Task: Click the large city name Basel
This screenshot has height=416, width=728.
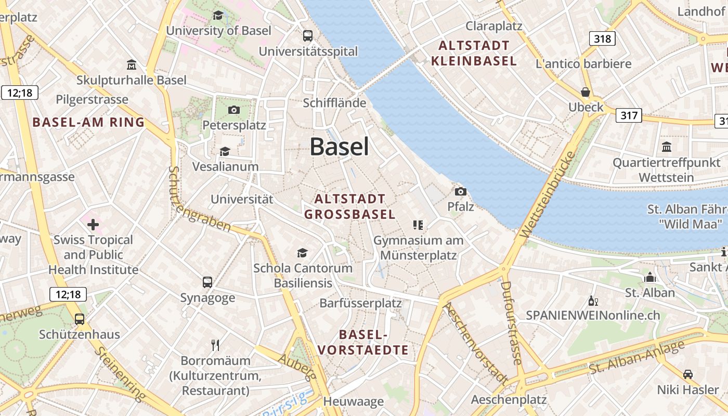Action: point(340,147)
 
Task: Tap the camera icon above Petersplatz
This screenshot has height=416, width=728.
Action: point(234,110)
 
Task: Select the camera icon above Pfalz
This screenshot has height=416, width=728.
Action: point(460,191)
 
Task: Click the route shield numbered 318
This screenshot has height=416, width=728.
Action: point(603,38)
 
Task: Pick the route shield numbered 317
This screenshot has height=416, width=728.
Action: point(629,115)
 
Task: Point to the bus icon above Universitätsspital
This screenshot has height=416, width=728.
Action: point(308,36)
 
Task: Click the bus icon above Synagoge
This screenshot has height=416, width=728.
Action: point(207,282)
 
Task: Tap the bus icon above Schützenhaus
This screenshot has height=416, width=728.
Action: point(80,319)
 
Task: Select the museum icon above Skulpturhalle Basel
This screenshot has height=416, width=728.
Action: point(132,65)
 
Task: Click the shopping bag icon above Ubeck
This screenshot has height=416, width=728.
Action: point(586,92)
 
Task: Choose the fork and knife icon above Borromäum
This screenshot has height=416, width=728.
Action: point(215,345)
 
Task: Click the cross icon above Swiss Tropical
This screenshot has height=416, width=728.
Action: point(93,225)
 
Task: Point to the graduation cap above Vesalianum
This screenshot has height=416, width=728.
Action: point(225,151)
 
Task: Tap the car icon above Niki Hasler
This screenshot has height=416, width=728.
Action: point(687,374)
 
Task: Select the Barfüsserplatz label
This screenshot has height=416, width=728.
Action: point(360,303)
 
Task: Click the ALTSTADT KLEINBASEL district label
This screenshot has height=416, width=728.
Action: point(474,53)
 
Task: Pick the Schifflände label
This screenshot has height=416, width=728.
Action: point(334,103)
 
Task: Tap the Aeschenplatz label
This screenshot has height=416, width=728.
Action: point(509,399)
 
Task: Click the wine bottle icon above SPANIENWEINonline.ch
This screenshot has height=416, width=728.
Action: point(593,301)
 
